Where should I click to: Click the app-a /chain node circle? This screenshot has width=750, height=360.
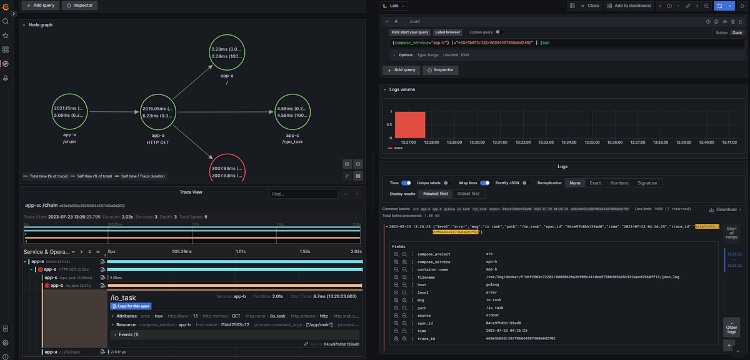tap(69, 112)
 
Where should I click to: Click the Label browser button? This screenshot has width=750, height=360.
tap(448, 32)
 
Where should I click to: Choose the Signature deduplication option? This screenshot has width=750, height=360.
tap(646, 183)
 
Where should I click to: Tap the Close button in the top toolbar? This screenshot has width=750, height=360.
tap(589, 6)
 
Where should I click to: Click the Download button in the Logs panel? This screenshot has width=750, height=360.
tap(725, 209)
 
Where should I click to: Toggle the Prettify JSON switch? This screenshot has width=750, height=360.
tap(526, 183)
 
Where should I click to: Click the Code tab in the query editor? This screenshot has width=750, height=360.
tap(737, 32)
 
